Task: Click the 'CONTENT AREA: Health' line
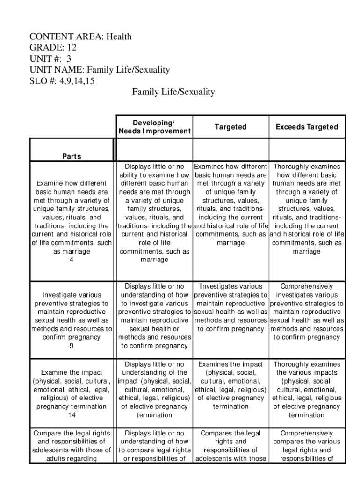pos(80,36)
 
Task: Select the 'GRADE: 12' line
pos(53,48)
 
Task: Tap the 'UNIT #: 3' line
pos(50,59)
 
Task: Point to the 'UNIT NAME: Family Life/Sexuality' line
pos(99,70)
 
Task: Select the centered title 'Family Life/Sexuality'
pos(173,92)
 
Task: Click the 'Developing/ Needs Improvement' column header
pos(154,127)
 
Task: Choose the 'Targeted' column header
pos(230,127)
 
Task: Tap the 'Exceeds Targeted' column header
pos(307,127)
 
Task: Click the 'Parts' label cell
pos(72,156)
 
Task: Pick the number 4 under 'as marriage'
pos(72,260)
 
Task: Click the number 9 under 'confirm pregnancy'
pos(72,346)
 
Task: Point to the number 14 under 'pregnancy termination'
pos(72,415)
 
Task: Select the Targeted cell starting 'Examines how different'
pos(230,204)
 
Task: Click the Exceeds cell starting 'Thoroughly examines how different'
pos(307,209)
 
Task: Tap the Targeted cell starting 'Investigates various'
pos(230,307)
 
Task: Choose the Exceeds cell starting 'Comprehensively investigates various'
pos(307,312)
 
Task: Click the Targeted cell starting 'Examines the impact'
pos(230,385)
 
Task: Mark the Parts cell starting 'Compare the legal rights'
pos(72,446)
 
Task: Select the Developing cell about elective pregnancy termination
pos(154,389)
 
